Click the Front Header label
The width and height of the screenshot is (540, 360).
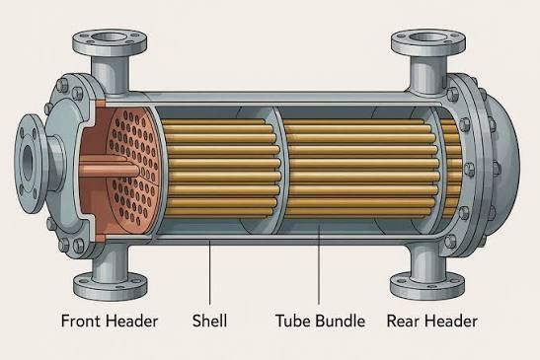point(110,321)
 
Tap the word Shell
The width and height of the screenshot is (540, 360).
point(209,321)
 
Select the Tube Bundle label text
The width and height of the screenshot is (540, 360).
point(320,321)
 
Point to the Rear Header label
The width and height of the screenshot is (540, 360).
point(431,321)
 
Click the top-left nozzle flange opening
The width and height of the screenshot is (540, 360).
point(110,36)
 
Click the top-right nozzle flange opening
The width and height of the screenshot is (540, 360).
point(428,36)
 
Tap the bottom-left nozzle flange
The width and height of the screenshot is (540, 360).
point(111,285)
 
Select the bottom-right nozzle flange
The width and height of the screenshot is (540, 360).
point(427,285)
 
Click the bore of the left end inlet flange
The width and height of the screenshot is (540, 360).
point(28,161)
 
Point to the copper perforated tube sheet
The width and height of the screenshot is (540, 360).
point(133,166)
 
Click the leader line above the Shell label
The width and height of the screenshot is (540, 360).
point(209,272)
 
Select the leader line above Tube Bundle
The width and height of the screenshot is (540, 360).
point(319,263)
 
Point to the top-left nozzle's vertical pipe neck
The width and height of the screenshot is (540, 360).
point(111,73)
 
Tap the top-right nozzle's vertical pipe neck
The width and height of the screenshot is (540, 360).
point(428,74)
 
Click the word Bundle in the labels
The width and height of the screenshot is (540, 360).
point(341,321)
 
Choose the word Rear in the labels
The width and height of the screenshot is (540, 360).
point(401,322)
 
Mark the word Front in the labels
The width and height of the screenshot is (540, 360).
point(81,322)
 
